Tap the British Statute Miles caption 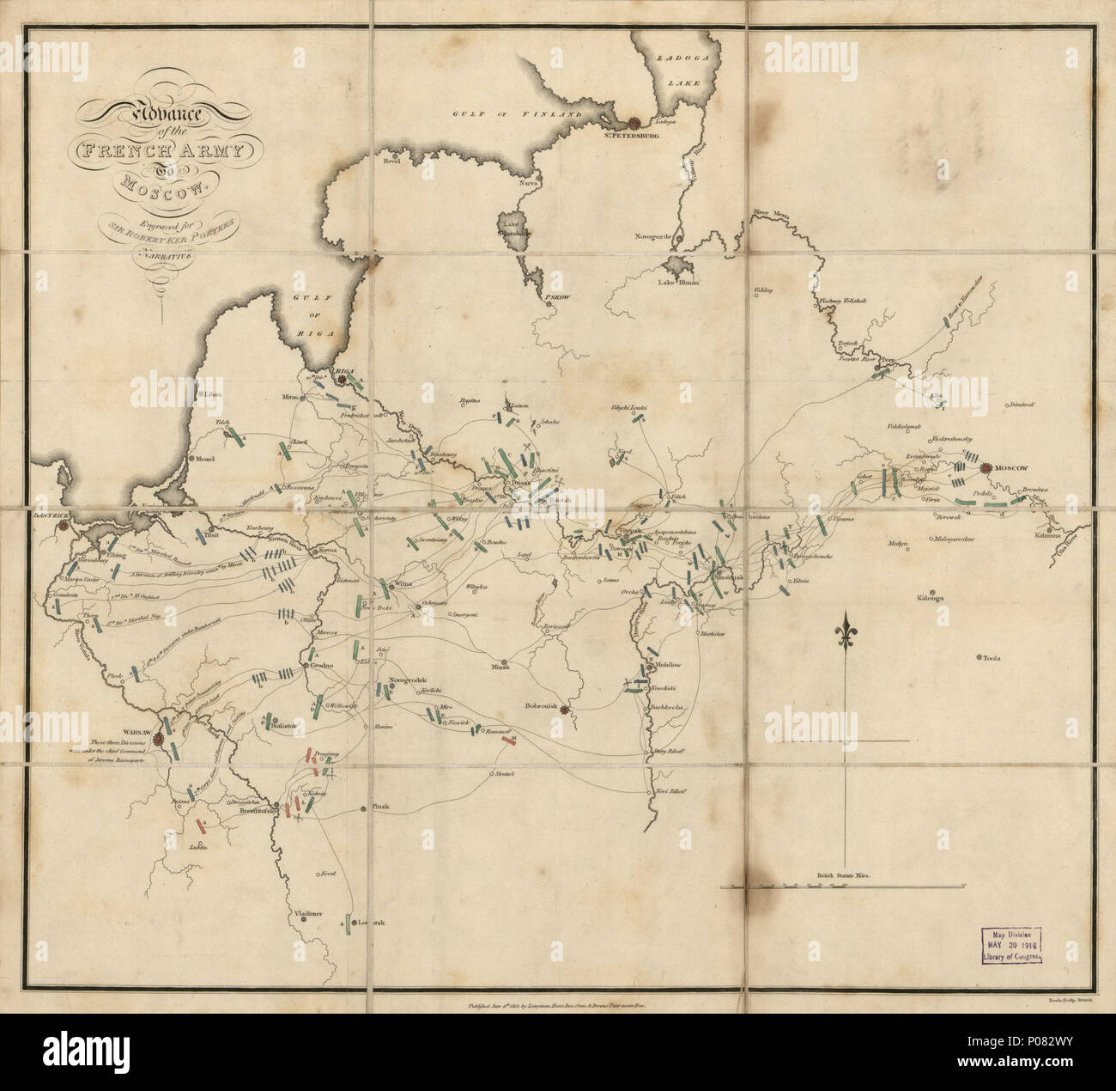841,875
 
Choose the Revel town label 393,161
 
